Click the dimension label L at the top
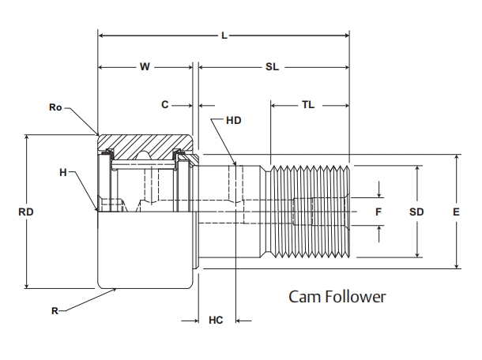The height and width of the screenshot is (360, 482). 224,36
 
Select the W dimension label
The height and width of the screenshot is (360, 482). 145,67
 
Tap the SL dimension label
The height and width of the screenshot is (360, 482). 272,67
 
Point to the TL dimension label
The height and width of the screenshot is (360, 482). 308,104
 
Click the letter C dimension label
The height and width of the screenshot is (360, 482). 164,104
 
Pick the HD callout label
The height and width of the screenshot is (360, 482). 233,121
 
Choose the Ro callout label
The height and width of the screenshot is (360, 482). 55,106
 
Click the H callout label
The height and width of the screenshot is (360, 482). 62,172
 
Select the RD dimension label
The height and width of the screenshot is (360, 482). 26,212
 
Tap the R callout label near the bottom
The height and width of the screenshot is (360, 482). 55,311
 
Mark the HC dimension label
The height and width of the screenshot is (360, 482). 216,321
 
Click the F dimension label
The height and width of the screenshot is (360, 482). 378,212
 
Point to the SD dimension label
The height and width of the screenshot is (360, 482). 416,212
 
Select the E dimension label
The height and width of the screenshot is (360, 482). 456,212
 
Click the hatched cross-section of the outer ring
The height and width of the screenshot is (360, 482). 142,144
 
